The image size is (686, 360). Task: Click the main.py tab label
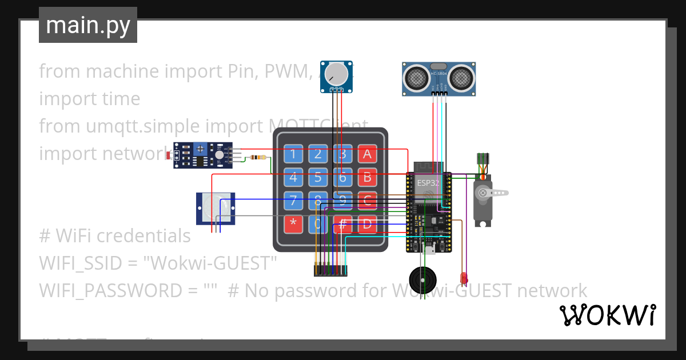[87, 25]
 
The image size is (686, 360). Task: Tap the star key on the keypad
[293, 223]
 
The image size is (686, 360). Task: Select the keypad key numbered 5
[318, 177]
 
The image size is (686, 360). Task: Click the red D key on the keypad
[367, 223]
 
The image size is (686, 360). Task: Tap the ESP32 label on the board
[428, 183]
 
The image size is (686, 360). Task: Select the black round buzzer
[424, 280]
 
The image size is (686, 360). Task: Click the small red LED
[464, 278]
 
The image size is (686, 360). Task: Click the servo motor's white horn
[494, 193]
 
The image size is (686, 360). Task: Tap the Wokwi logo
[607, 315]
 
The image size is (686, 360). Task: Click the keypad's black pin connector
[330, 270]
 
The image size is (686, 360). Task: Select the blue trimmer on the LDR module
[200, 149]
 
